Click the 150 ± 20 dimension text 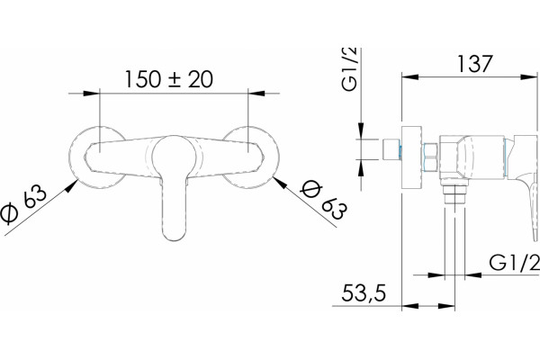coord(169,79)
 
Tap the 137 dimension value coord(475,64)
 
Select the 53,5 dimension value coord(364,294)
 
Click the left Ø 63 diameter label coord(22,204)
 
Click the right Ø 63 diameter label coord(323,200)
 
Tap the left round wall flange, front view coord(97,157)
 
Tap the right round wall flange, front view coord(251,157)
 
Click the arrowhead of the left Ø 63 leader coord(72,186)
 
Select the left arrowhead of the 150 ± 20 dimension coord(92,93)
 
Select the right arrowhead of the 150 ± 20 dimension coord(256,93)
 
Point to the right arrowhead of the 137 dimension coord(528,76)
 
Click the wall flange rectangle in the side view coord(412,157)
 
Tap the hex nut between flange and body coord(430,157)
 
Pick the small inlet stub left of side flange coord(391,149)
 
